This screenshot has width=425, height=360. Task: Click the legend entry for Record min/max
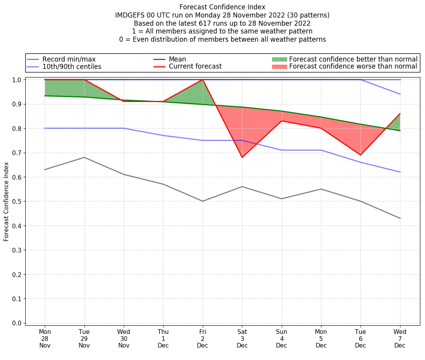(68, 59)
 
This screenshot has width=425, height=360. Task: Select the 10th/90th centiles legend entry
(72, 67)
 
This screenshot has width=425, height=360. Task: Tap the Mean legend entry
(177, 59)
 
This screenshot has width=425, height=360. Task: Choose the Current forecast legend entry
(195, 67)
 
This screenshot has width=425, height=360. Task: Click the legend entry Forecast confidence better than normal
(353, 59)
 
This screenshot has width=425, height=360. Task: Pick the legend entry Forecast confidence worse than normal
(353, 67)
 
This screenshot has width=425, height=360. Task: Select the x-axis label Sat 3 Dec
(242, 339)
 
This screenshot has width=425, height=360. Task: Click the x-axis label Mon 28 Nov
(45, 339)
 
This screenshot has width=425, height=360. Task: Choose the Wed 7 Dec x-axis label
(400, 339)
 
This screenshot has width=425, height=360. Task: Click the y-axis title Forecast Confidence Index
(7, 201)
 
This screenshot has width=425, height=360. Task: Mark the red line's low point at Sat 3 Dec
(242, 157)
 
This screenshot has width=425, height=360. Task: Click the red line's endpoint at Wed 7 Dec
(400, 114)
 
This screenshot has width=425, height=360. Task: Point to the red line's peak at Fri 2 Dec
(203, 80)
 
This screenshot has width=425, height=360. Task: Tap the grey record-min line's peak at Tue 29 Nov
(84, 157)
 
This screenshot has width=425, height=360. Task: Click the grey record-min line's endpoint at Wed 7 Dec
(400, 218)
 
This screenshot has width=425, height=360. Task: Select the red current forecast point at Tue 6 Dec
(360, 155)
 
